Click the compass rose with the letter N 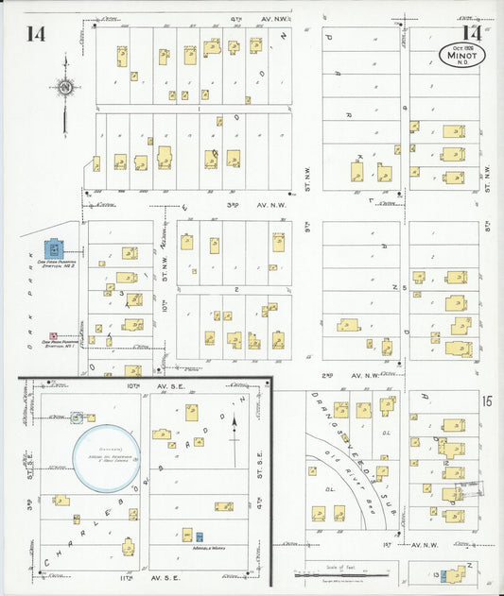65,89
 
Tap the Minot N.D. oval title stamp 463,54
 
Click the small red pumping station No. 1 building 53,335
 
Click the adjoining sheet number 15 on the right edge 485,401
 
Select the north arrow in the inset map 234,432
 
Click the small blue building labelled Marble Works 199,536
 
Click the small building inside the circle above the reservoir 78,416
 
